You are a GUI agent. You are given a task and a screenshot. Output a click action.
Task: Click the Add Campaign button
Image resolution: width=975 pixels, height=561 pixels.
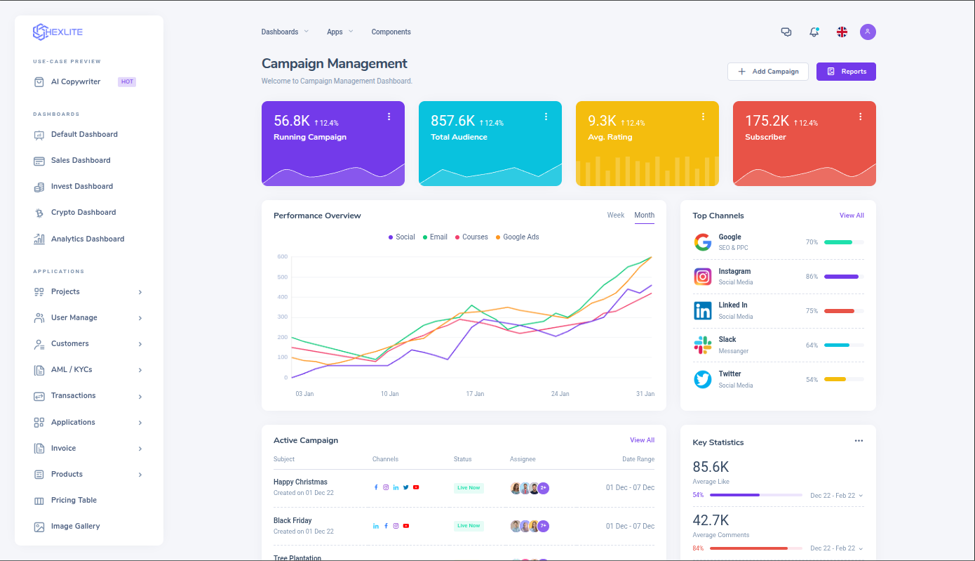(768, 72)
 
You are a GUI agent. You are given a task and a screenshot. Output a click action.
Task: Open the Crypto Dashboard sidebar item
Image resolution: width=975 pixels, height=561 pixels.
(83, 213)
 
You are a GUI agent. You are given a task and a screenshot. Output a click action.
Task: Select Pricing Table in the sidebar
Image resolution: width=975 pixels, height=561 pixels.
(74, 501)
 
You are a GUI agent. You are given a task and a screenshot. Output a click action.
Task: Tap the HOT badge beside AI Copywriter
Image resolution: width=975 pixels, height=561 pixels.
(127, 81)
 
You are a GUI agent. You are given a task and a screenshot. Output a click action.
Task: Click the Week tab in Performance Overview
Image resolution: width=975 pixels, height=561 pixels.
(615, 216)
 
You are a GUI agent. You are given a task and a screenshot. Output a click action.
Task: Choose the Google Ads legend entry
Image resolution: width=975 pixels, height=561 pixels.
(520, 237)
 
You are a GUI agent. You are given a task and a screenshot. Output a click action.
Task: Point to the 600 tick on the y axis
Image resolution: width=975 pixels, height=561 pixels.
(282, 257)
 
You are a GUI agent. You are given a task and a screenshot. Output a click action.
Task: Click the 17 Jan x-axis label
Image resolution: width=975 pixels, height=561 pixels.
(475, 394)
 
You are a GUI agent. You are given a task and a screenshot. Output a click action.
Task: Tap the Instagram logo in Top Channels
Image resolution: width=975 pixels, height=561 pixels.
(702, 277)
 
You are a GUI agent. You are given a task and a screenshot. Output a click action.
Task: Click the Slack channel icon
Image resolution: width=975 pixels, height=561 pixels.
(702, 345)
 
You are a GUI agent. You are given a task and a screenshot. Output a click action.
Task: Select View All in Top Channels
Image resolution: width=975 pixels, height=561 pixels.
(852, 216)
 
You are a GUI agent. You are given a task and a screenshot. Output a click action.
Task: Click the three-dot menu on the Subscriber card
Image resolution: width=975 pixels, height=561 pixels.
(860, 117)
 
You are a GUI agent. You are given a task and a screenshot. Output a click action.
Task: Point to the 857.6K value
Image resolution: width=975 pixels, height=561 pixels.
(452, 121)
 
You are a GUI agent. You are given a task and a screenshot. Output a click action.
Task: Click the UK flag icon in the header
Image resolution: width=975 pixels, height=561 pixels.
(842, 32)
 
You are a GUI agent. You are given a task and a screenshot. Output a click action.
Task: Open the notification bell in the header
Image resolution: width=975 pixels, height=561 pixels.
(814, 32)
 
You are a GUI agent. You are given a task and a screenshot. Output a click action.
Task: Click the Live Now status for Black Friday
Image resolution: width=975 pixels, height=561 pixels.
(469, 526)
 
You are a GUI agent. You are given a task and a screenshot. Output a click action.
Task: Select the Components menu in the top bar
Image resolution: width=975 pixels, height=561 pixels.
(391, 32)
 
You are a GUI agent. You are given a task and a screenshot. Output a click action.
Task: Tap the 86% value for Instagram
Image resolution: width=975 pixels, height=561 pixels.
(812, 277)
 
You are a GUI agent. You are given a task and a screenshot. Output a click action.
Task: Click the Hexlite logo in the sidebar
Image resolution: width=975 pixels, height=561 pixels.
(58, 32)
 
